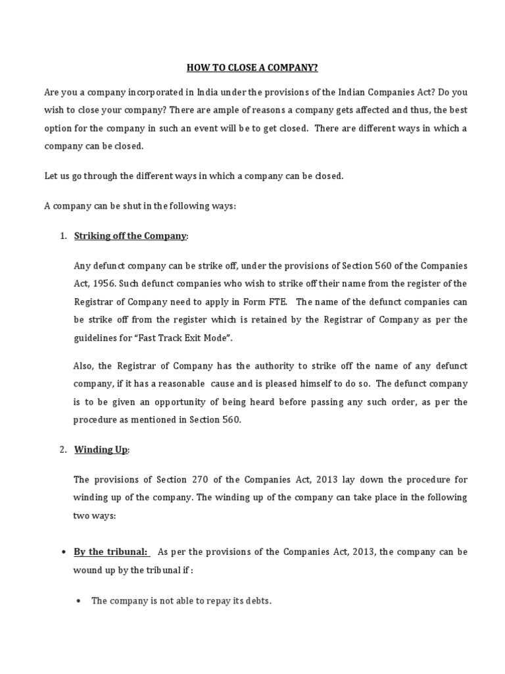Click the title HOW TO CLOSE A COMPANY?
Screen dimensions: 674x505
pos(252,67)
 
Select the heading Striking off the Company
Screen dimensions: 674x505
pos(130,236)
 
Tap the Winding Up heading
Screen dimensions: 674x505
pos(101,450)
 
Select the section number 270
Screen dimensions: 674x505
pos(202,480)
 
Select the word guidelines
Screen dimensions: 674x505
pos(95,337)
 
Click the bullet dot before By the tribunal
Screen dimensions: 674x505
pos(62,552)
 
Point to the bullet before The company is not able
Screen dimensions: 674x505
pos(79,601)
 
